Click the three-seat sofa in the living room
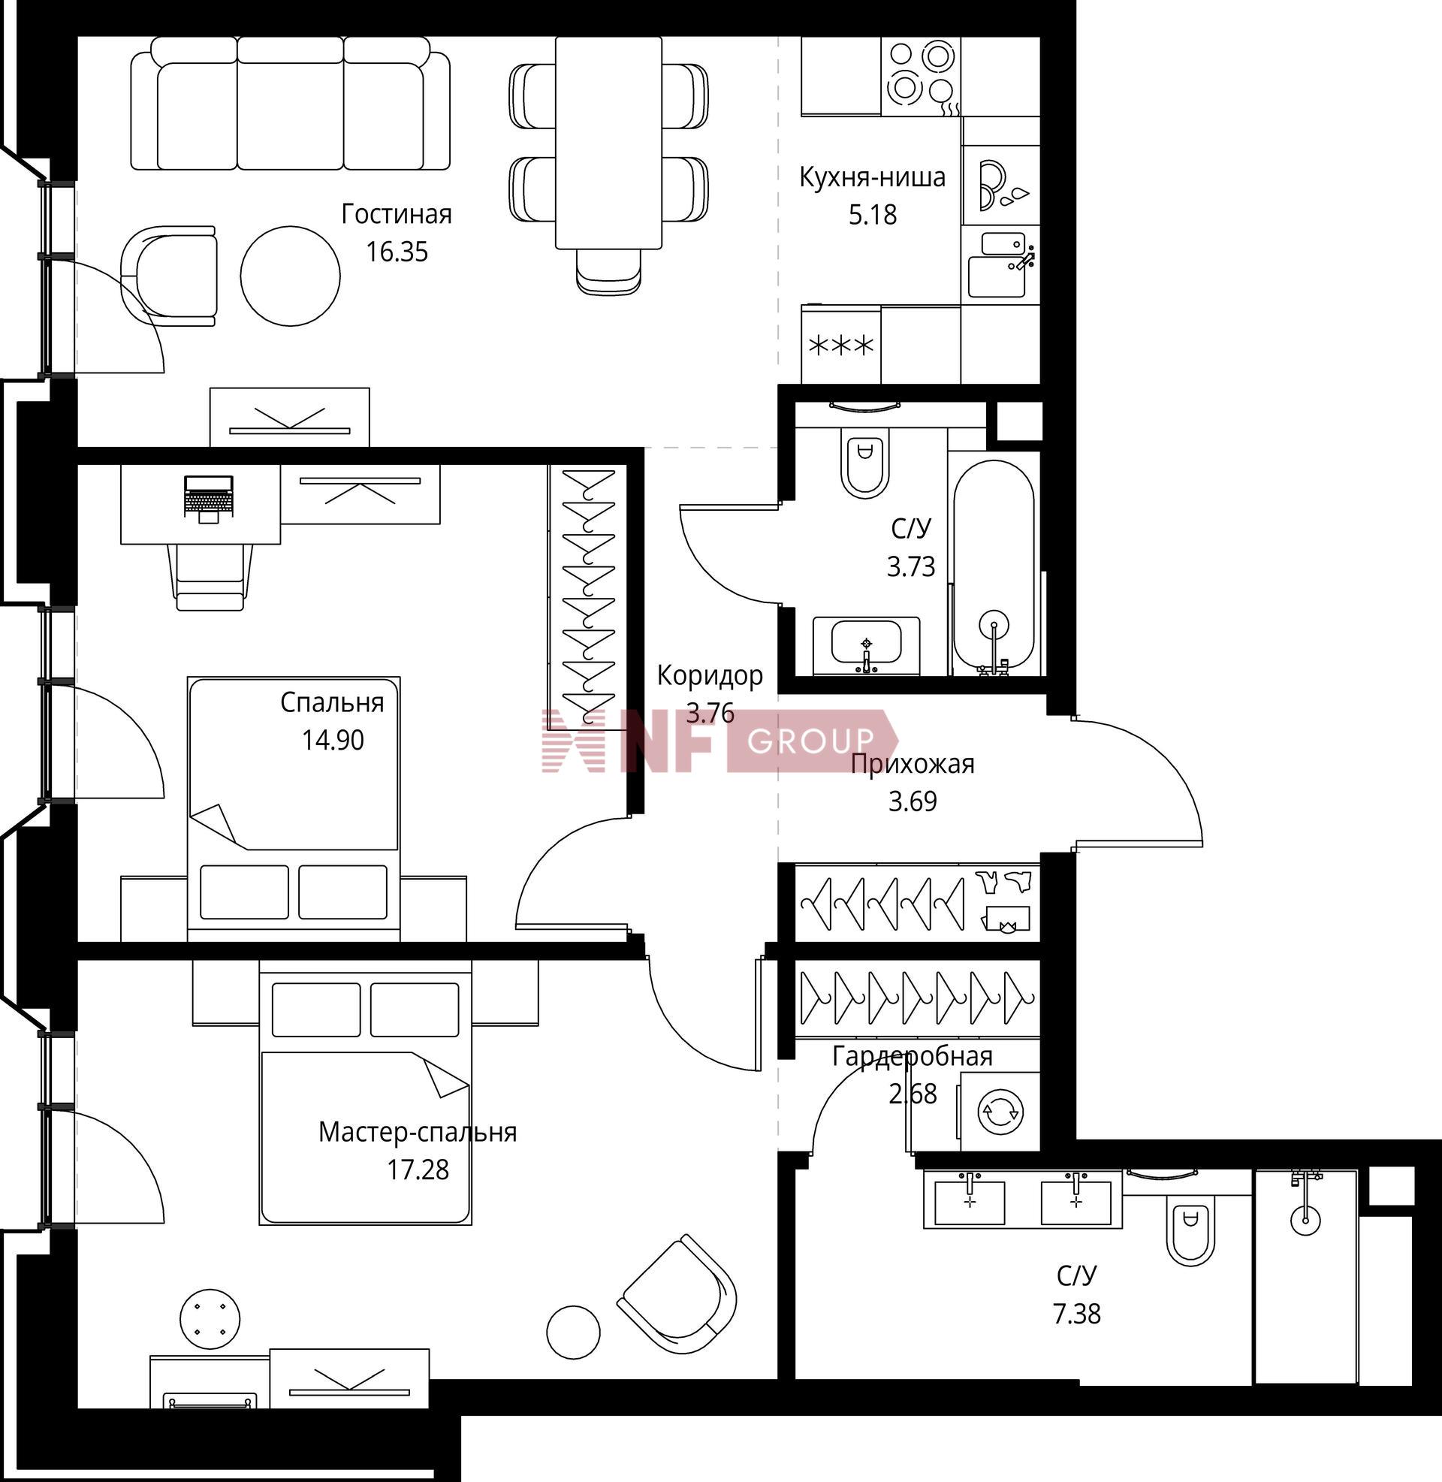tap(290, 104)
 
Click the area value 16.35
tap(397, 252)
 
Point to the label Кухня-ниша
tap(873, 178)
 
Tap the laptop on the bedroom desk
tap(208, 499)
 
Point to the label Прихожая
tap(912, 764)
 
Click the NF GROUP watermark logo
tap(719, 740)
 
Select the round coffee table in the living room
tap(290, 276)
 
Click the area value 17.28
tap(418, 1170)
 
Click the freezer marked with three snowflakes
tap(841, 346)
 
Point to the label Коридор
tap(710, 675)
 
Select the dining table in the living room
tap(608, 143)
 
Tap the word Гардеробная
tap(912, 1056)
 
